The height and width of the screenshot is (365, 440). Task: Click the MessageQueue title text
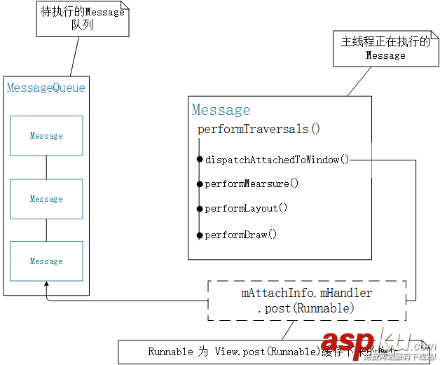[x=46, y=88]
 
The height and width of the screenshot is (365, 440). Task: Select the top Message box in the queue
[x=46, y=136]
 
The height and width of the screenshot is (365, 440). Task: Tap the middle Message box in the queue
[x=46, y=199]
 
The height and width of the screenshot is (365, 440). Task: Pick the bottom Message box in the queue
[x=46, y=261]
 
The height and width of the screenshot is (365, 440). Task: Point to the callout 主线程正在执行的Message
[x=385, y=48]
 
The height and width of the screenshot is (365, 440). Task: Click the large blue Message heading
[x=221, y=110]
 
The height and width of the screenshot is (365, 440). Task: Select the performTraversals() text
[x=258, y=129]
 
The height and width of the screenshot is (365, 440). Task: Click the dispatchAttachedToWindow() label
[x=277, y=160]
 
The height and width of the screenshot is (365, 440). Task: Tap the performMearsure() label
[x=252, y=184]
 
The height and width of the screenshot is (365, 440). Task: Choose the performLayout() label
[x=246, y=208]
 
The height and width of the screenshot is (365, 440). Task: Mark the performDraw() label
[x=241, y=235]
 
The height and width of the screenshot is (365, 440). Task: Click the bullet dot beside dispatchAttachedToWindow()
[x=200, y=160]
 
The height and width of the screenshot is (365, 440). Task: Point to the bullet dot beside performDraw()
[x=200, y=235]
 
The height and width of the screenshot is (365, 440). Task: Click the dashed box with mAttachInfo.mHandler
[x=306, y=301]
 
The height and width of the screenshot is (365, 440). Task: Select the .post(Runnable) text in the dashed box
[x=306, y=308]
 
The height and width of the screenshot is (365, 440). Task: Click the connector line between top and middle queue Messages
[x=46, y=167]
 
